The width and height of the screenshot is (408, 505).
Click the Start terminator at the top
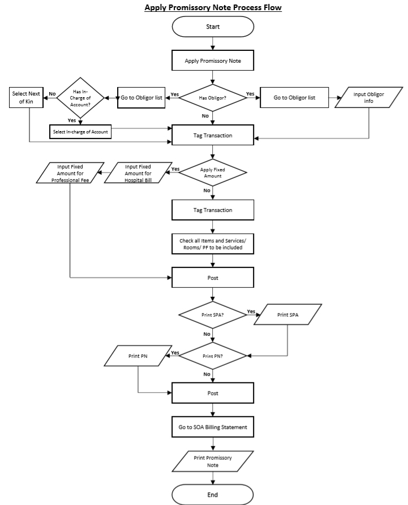tap(213, 27)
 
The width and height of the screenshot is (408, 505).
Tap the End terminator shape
tap(213, 494)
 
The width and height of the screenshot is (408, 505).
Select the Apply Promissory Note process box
tap(213, 61)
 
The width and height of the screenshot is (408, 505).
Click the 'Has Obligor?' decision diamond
tap(213, 98)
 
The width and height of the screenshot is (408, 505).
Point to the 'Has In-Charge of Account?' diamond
tap(79, 98)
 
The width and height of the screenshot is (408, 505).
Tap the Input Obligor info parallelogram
tap(369, 98)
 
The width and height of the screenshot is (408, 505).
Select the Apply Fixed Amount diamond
tap(213, 172)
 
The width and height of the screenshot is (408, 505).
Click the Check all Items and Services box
tap(213, 244)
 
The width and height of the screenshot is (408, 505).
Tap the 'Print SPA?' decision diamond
tap(213, 314)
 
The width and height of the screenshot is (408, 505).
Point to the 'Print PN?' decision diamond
tap(213, 356)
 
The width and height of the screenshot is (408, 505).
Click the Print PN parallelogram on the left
tap(138, 356)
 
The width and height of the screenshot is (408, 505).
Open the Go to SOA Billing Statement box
tap(213, 427)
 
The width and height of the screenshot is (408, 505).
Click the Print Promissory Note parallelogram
tap(213, 461)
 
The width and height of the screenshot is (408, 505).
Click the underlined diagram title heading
tap(213, 7)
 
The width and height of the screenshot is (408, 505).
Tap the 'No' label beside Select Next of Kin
tap(52, 94)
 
